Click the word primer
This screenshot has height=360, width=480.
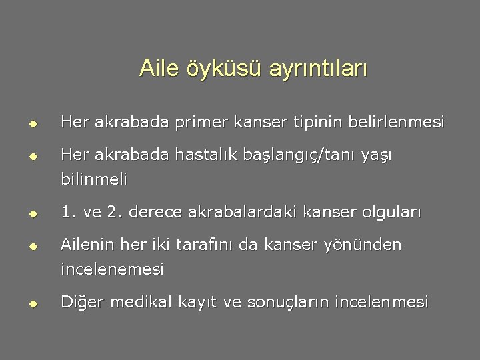[195, 123]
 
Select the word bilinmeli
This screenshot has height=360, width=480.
[94, 179]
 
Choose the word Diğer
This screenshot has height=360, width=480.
[83, 302]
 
